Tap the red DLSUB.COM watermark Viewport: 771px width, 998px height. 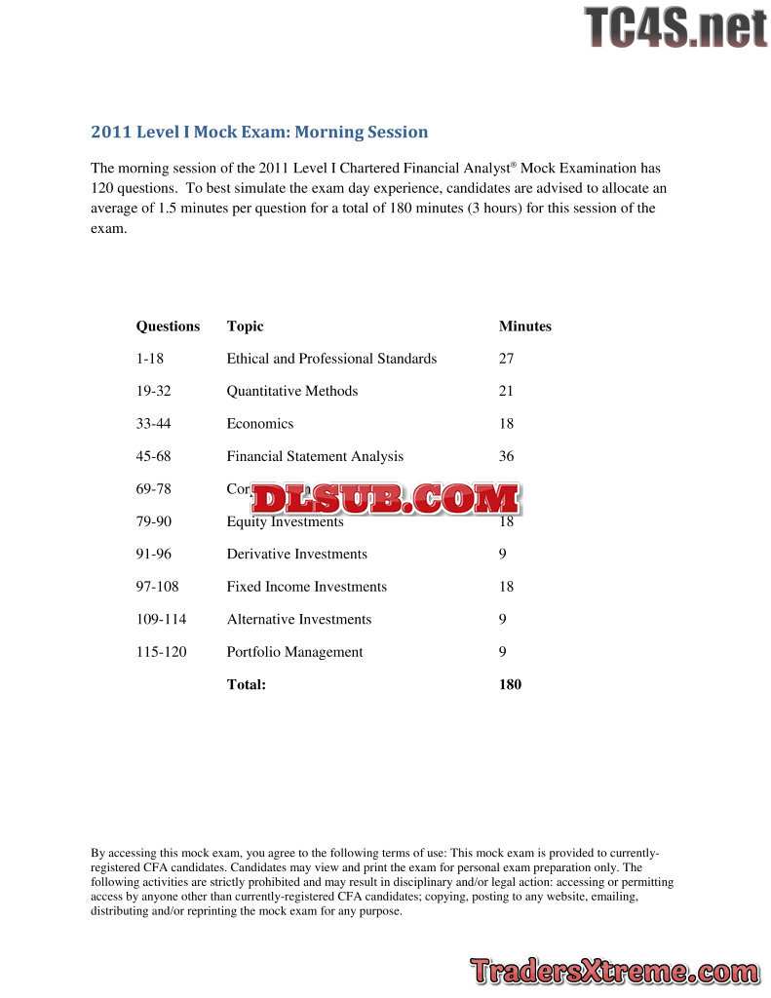[x=385, y=499]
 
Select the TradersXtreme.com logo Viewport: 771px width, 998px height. [x=613, y=972]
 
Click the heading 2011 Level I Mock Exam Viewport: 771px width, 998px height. [x=259, y=132]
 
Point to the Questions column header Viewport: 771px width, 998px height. [x=168, y=326]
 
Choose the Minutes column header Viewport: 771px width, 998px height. [x=524, y=326]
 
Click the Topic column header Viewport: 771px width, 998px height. [x=245, y=326]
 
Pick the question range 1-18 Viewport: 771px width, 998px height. [x=150, y=359]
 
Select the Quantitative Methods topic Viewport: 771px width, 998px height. [x=291, y=391]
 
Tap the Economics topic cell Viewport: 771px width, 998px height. [x=259, y=424]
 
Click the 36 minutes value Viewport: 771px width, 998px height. [x=506, y=456]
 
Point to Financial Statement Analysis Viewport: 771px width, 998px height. [x=315, y=456]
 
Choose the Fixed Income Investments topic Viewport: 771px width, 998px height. [x=306, y=587]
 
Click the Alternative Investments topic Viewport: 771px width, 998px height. [x=298, y=619]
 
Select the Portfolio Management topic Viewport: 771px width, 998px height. [x=294, y=652]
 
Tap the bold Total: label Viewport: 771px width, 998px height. [x=246, y=684]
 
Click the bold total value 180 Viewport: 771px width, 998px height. [x=510, y=684]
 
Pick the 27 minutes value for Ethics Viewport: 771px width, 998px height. [x=506, y=359]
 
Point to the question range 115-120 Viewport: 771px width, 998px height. [x=161, y=652]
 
